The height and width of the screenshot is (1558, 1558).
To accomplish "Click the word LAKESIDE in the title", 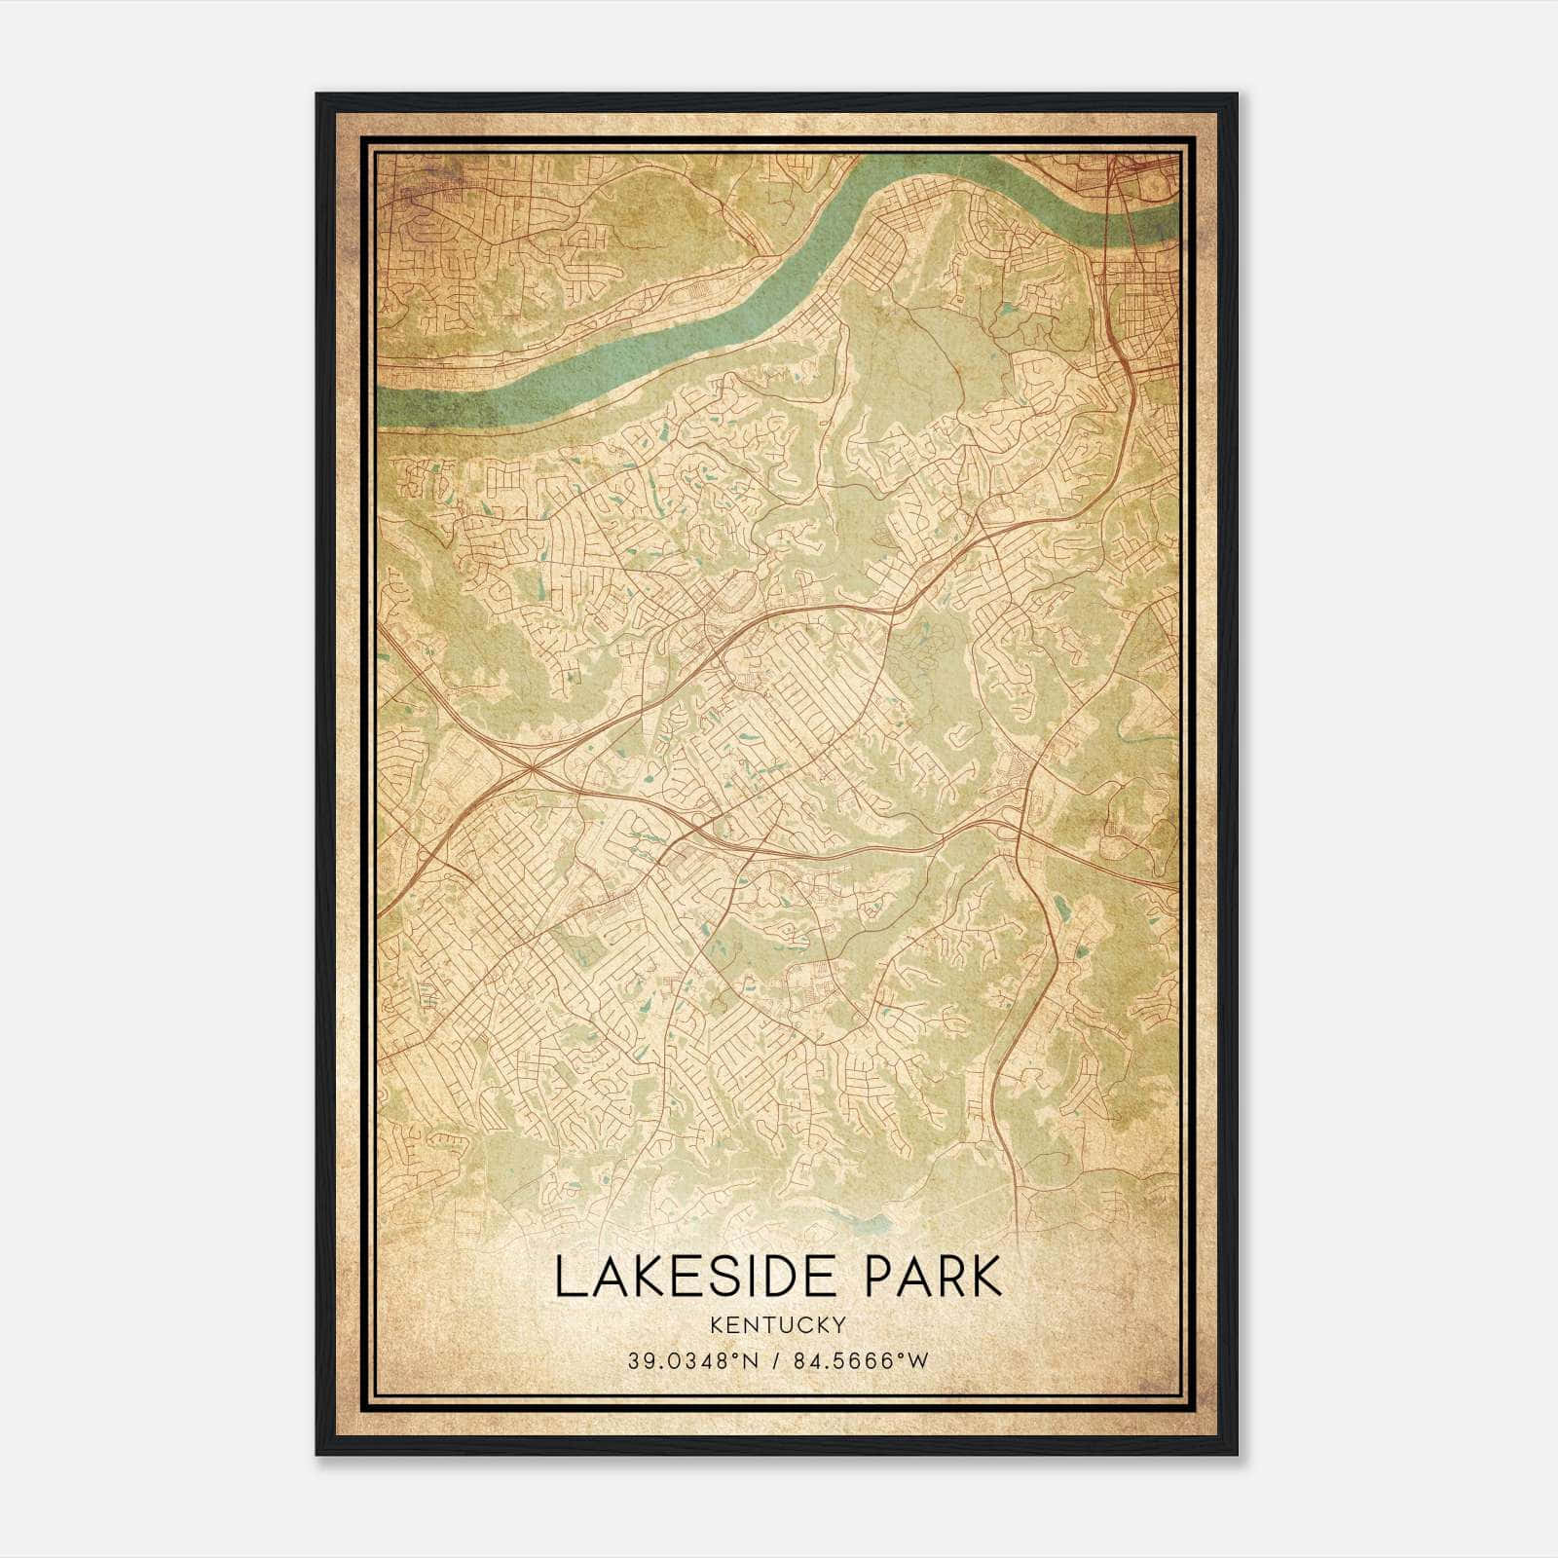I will (x=700, y=1277).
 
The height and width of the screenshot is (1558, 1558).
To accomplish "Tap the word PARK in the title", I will (x=933, y=1277).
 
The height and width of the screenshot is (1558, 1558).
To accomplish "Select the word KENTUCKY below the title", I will (x=778, y=1324).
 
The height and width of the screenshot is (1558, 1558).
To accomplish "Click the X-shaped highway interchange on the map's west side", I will (x=530, y=769).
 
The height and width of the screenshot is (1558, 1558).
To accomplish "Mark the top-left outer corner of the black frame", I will (x=315, y=93).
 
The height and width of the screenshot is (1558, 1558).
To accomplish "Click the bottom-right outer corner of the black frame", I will (x=1238, y=1455).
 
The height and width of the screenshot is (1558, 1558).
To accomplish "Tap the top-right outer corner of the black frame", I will (x=1238, y=93).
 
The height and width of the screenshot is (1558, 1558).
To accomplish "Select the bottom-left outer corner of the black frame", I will (x=315, y=1455).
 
